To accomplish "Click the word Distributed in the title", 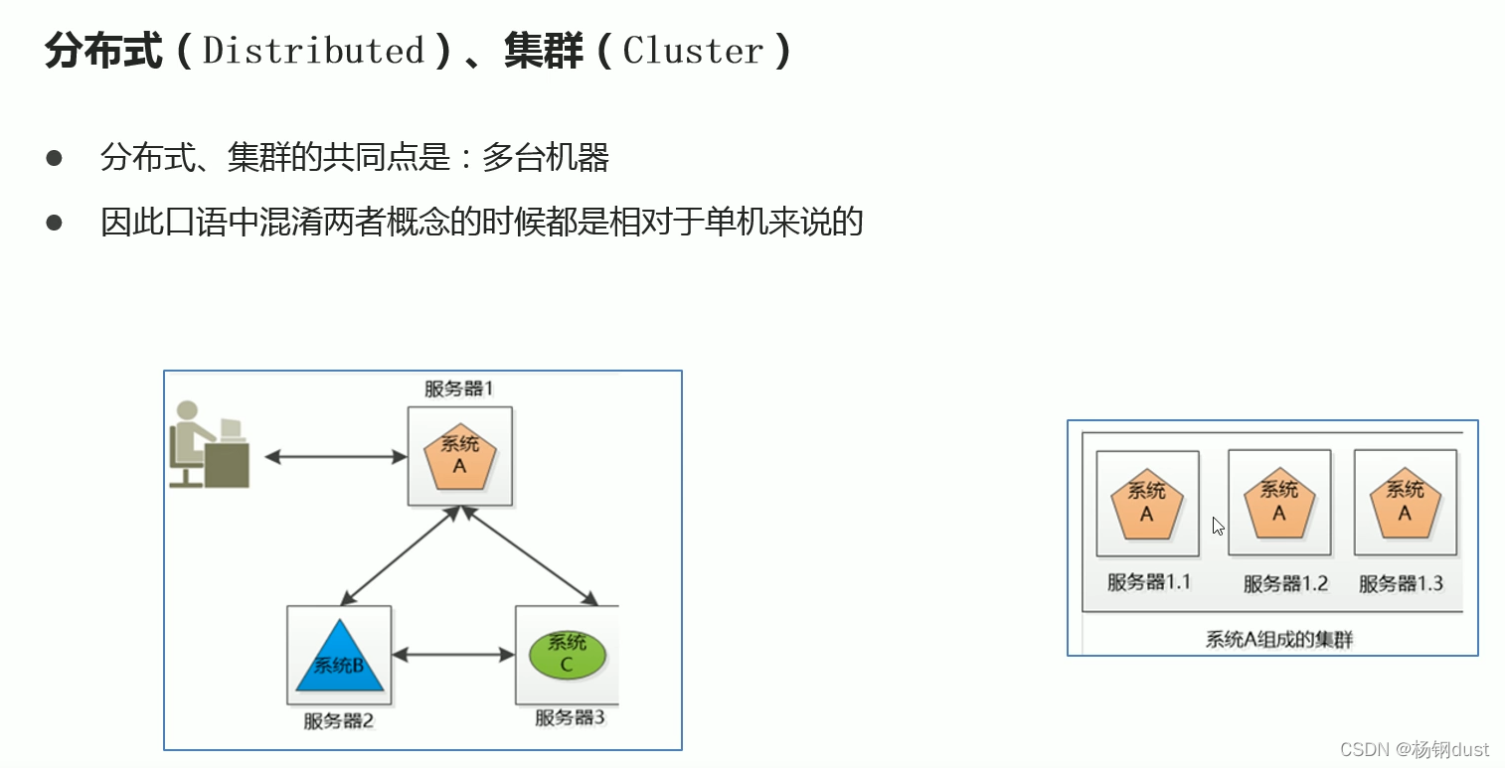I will click(313, 51).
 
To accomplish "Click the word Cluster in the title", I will click(693, 51).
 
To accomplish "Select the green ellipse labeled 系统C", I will click(567, 655).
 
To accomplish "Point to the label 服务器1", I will click(459, 388).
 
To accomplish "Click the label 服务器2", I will click(339, 720).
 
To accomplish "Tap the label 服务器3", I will click(570, 717).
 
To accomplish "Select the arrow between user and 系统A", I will click(336, 457).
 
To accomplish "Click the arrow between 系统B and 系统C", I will click(453, 655).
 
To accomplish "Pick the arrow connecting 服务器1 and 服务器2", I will click(398, 555).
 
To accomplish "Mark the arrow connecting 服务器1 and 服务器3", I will click(530, 555).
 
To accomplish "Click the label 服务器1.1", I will click(1148, 582).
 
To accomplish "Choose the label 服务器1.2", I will click(1285, 583).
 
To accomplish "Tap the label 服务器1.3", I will click(1401, 583).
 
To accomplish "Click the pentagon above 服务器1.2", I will click(1279, 503).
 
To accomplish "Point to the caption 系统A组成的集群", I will click(1279, 640).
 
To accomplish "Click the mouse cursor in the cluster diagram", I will click(1218, 526).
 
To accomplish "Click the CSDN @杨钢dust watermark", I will click(1415, 749).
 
